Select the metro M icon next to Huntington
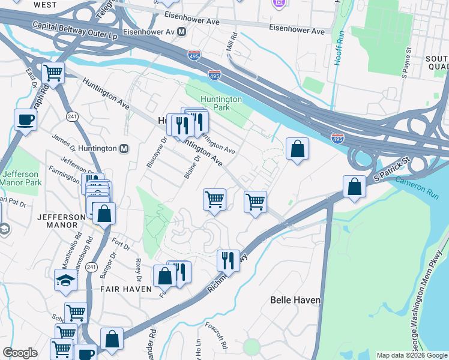[x=124, y=149]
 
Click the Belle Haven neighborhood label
[x=295, y=299]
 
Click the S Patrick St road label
[x=391, y=170]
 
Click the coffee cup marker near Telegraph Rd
[x=25, y=120]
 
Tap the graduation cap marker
[x=65, y=280]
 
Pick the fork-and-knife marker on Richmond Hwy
[x=228, y=260]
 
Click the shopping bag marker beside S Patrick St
[x=355, y=186]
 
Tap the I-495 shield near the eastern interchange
[x=337, y=139]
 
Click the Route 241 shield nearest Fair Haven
[x=91, y=266]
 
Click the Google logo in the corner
[x=20, y=353]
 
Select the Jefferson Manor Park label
[x=20, y=178]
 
